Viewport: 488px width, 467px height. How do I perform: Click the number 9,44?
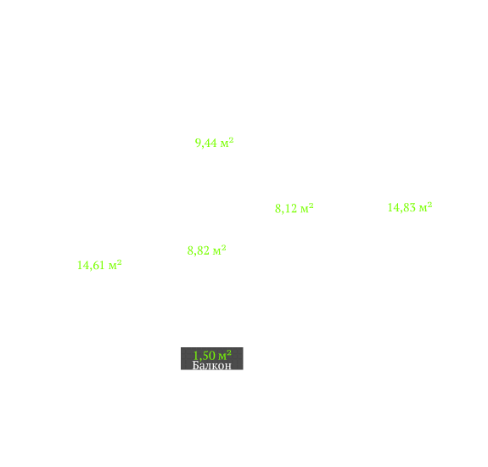205,143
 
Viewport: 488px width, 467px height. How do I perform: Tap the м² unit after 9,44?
227,143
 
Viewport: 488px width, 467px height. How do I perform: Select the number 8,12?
286,208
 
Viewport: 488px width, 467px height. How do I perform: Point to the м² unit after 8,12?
307,208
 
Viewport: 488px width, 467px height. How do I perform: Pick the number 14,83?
401,207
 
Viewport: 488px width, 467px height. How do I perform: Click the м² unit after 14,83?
426,206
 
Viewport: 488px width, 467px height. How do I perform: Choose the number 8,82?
199,250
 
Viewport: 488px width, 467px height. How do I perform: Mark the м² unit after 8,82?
220,250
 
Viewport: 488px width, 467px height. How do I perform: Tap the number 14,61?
91,265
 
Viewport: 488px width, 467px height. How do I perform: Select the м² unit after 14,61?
115,265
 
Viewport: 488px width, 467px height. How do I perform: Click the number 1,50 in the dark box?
205,355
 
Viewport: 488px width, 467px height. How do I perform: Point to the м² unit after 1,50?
225,355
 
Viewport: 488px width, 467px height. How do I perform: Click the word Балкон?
212,365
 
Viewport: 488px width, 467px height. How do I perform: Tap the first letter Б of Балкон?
196,365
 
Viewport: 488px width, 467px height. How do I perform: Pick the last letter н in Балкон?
228,366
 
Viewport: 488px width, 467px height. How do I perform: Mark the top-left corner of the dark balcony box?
181,347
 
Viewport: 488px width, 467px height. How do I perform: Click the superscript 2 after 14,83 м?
429,205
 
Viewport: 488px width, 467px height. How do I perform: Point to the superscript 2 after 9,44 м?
231,140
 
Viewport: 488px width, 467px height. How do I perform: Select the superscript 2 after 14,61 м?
119,262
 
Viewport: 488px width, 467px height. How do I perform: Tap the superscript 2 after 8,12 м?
311,205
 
